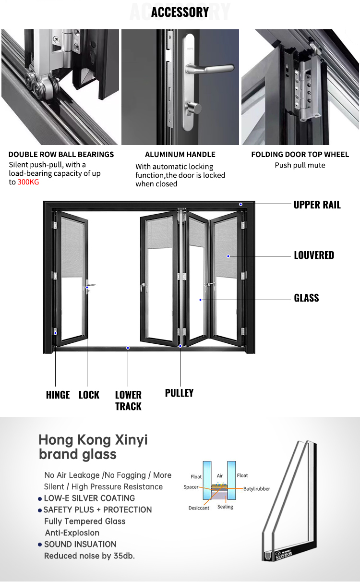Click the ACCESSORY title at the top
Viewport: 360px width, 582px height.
click(180, 12)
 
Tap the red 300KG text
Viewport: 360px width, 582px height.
click(28, 182)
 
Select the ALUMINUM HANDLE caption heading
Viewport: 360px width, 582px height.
click(180, 154)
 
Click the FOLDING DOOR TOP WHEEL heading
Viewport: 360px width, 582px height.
click(300, 154)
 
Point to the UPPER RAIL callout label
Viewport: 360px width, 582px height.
click(317, 205)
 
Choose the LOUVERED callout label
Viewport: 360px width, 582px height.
click(314, 255)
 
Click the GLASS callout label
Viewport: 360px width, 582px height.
click(307, 298)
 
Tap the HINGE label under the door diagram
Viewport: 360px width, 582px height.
click(58, 395)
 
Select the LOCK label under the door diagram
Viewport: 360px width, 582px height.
click(89, 395)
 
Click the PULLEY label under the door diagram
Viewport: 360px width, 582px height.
click(179, 393)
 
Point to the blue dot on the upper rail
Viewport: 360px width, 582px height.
click(241, 205)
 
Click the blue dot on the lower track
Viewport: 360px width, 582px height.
click(128, 348)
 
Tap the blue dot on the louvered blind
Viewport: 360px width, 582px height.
click(228, 256)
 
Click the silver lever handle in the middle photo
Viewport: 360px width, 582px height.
click(209, 69)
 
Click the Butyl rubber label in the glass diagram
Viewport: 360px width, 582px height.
click(257, 489)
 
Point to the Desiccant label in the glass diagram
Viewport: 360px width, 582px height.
click(199, 508)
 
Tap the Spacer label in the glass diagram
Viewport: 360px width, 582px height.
click(191, 487)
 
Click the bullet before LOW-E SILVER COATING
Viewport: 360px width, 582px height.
click(40, 499)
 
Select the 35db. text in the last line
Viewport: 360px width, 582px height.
click(124, 556)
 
